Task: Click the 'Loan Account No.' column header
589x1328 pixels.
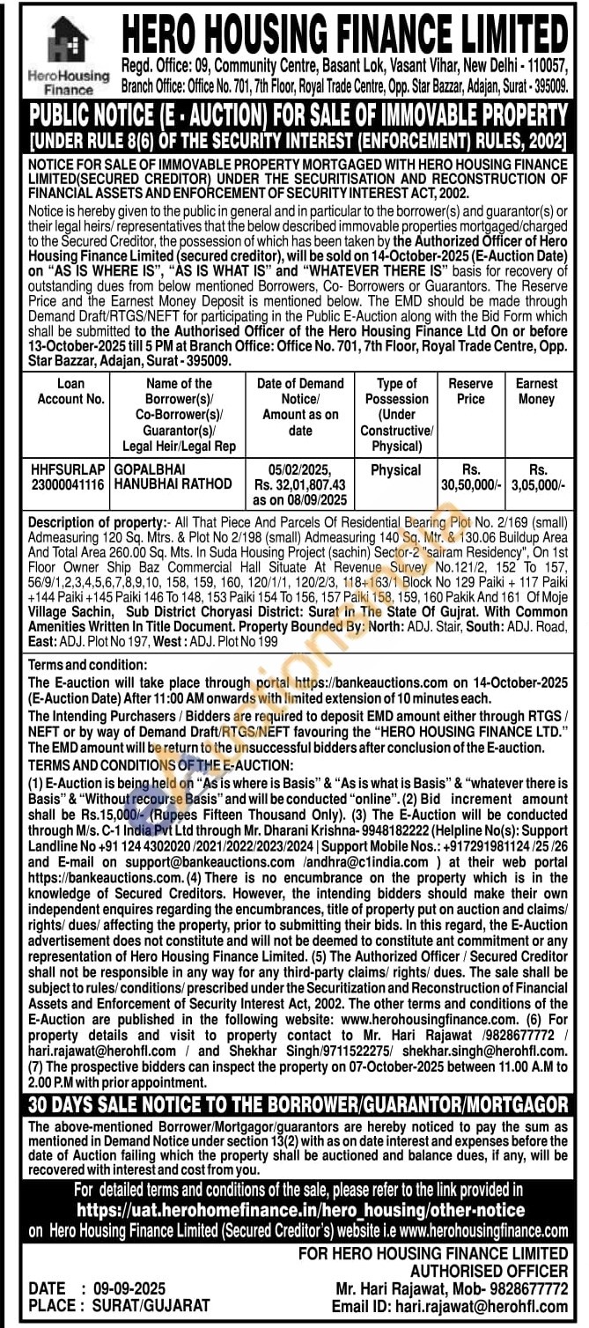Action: click(x=70, y=391)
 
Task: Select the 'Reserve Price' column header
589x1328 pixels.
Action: click(x=470, y=391)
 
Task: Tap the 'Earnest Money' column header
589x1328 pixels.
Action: click(x=537, y=391)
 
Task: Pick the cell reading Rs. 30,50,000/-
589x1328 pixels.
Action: click(x=470, y=477)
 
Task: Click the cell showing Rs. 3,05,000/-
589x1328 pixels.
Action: click(x=537, y=477)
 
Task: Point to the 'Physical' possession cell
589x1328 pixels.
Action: click(x=395, y=470)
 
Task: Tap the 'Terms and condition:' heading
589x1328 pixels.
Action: click(x=88, y=665)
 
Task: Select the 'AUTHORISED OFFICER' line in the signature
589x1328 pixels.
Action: click(x=489, y=1271)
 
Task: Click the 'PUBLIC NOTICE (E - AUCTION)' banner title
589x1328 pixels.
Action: click(x=298, y=114)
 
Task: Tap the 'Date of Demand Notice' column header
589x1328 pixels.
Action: click(x=300, y=407)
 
